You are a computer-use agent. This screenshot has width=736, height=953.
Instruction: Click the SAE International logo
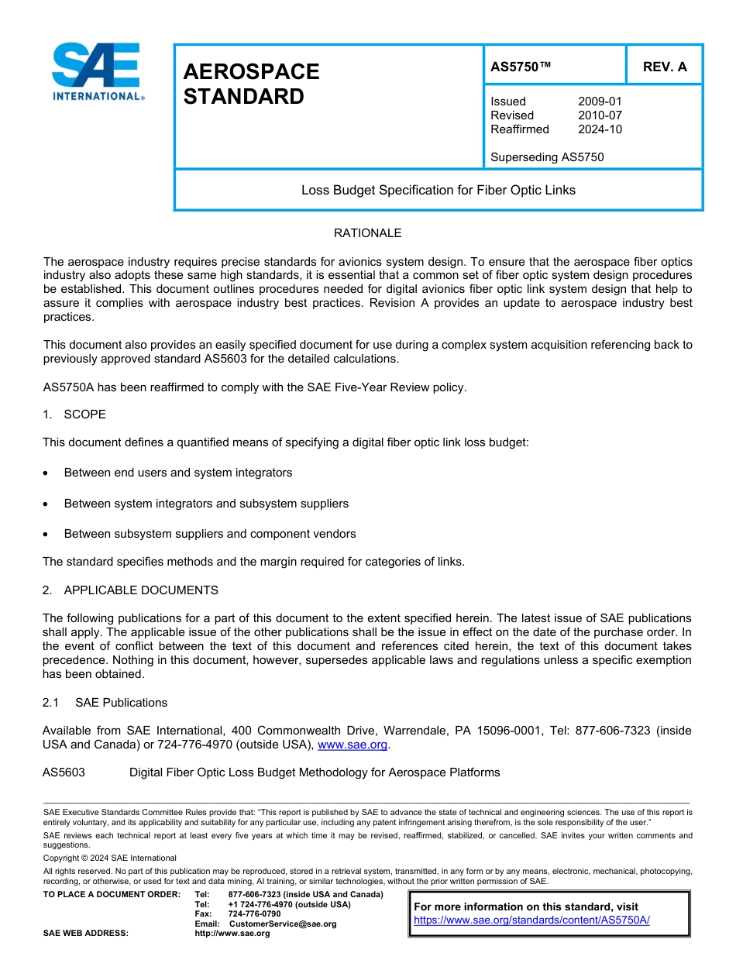click(x=96, y=71)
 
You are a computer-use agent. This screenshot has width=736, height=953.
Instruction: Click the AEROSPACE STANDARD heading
click(x=251, y=84)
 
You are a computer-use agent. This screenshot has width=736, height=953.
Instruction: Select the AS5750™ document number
click(x=521, y=67)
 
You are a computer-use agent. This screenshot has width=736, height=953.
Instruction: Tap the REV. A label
click(x=665, y=67)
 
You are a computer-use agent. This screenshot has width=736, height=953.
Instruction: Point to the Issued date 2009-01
click(x=600, y=101)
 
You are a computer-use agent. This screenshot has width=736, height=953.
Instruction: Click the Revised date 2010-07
click(x=600, y=115)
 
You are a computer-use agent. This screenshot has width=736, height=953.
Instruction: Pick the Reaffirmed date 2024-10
click(x=600, y=129)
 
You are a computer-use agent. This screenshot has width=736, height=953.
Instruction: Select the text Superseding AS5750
click(x=547, y=157)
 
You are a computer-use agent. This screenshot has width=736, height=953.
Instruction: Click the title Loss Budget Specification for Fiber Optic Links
click(x=438, y=190)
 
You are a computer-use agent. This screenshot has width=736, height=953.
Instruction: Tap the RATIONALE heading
click(x=367, y=233)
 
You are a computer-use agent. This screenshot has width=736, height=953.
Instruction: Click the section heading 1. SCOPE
click(x=74, y=415)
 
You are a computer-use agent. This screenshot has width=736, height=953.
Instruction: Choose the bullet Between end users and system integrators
click(x=178, y=473)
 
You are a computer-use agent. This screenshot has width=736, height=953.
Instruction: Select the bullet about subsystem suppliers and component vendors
click(x=210, y=534)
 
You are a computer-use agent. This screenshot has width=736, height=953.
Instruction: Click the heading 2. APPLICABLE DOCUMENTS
click(x=130, y=590)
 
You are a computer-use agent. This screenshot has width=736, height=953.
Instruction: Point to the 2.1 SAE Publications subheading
click(x=105, y=703)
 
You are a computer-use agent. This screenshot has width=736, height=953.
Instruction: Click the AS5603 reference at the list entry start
click(x=64, y=772)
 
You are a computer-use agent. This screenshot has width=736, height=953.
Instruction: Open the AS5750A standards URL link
click(x=531, y=920)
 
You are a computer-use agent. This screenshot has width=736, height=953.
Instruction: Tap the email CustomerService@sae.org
click(x=282, y=924)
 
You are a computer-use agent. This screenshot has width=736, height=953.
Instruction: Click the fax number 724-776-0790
click(x=254, y=914)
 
